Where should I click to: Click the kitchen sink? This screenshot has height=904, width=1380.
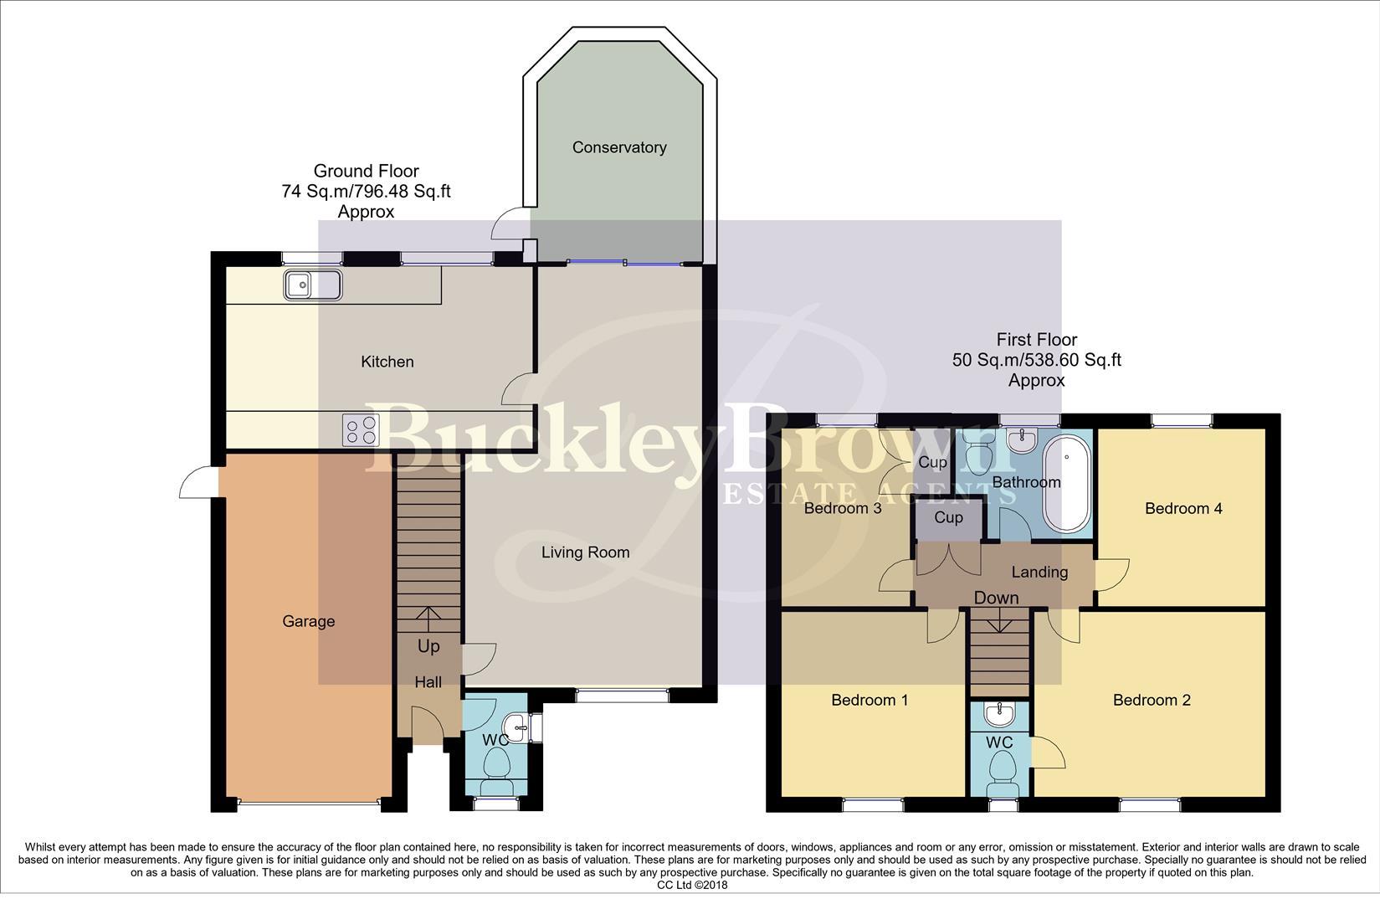coord(312,285)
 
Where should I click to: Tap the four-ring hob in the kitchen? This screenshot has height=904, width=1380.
coord(361,431)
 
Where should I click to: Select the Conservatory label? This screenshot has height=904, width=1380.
coord(619,147)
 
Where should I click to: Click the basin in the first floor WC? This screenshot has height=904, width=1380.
coord(999,714)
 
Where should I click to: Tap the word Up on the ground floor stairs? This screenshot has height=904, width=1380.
coord(428,646)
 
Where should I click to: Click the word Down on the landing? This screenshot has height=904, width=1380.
coord(996,598)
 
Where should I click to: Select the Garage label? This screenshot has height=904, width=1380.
coord(308,621)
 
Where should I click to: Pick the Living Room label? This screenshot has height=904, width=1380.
coord(585,552)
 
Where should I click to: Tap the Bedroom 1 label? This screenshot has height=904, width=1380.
coord(870,700)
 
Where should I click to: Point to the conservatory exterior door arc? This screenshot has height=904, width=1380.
coord(506,223)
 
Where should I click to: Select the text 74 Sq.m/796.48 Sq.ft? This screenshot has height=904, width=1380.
coord(366,191)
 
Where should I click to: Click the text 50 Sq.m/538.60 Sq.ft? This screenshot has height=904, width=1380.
coord(1036,360)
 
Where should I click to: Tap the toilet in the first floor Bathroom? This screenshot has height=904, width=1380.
coord(977,457)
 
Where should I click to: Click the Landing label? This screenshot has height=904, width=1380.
coord(1039,572)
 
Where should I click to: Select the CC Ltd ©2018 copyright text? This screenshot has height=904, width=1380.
coord(692,885)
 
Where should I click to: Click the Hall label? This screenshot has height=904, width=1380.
coord(428,682)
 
